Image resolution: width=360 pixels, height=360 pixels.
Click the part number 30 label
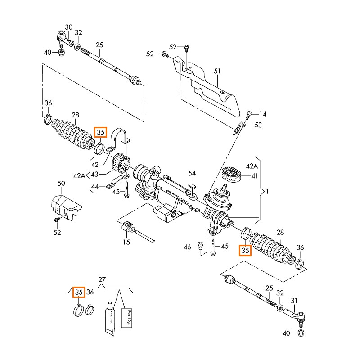(x=69, y=27)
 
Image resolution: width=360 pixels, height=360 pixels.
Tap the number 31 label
(x=294, y=300)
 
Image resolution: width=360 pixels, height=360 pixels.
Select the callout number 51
(x=217, y=71)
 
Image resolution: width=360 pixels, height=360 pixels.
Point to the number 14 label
(x=263, y=114)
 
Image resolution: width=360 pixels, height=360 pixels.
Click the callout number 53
(x=258, y=125)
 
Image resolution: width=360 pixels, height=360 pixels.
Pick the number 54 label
(x=192, y=173)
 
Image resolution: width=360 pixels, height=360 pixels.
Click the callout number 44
(x=95, y=185)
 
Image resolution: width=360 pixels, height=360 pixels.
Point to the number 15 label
(x=127, y=242)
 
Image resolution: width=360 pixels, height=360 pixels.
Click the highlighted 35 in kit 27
(x=79, y=292)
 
